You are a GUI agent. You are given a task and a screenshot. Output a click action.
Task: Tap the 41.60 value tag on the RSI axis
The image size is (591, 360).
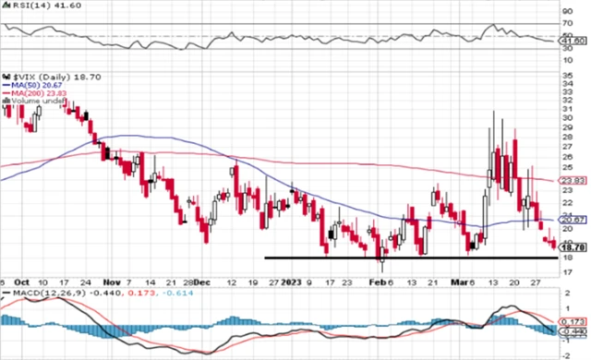574,41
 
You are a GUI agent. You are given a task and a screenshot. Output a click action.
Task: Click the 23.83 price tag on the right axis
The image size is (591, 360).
574,181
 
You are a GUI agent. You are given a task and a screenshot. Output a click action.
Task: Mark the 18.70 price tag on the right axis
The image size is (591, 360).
574,247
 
